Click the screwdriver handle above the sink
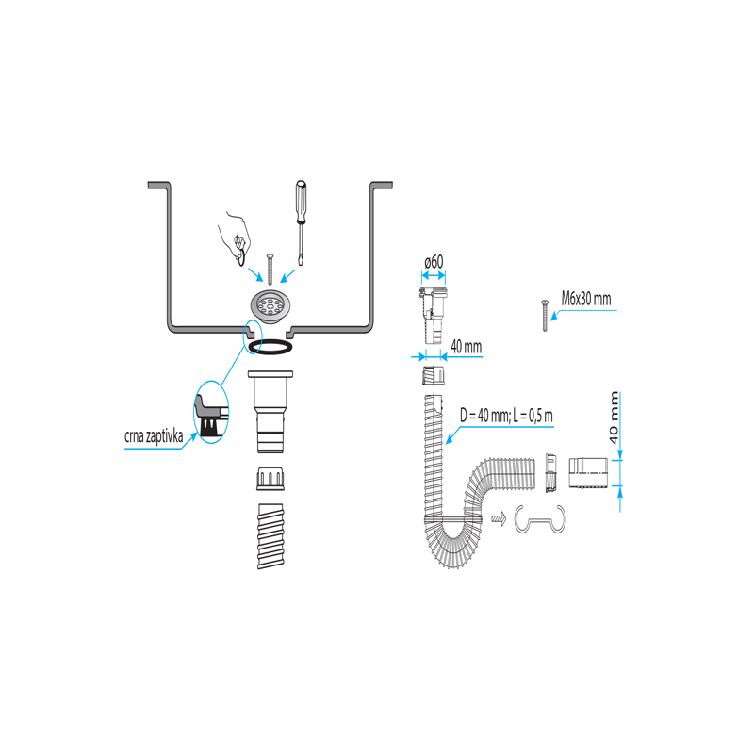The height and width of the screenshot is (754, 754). tap(301, 202)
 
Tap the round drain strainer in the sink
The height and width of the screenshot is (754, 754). tap(270, 305)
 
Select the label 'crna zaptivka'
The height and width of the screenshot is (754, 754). tap(154, 436)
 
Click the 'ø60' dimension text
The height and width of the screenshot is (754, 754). tap(434, 263)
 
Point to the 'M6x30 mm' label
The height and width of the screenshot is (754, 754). tap(586, 299)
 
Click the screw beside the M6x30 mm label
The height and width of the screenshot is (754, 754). tap(545, 316)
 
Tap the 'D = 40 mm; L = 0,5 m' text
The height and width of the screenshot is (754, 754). tap(506, 415)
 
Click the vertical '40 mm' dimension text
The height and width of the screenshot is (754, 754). tap(614, 418)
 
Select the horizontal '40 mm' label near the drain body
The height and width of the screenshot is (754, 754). tap(466, 346)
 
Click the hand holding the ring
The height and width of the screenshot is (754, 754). tap(234, 238)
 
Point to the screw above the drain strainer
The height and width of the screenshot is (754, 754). tap(270, 269)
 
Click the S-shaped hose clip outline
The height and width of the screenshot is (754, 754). tap(540, 519)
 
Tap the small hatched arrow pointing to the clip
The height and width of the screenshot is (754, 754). tap(499, 519)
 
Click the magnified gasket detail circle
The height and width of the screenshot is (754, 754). tap(211, 412)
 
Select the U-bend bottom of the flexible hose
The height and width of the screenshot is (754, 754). tap(452, 543)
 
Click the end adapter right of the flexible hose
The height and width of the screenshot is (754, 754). tap(587, 473)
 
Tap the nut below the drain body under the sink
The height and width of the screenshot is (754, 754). tap(270, 479)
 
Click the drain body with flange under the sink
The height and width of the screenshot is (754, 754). tap(270, 412)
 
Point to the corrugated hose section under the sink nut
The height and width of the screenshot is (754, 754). tap(270, 536)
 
